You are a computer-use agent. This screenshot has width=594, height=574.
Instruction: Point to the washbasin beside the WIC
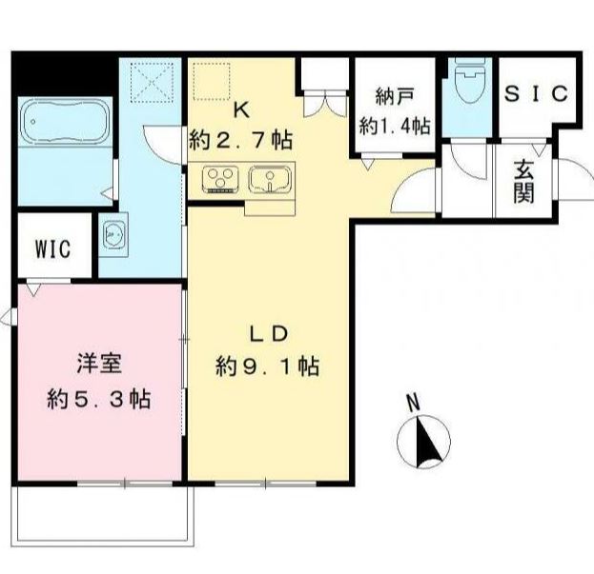pyautogui.click(x=114, y=234)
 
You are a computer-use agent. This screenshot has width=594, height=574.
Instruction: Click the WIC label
pyautogui.click(x=52, y=249)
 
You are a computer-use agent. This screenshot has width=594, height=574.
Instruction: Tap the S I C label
pyautogui.click(x=536, y=94)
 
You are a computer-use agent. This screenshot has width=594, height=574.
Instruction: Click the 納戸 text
pyautogui.click(x=394, y=96)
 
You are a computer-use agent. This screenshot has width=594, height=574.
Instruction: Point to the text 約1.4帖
pyautogui.click(x=395, y=124)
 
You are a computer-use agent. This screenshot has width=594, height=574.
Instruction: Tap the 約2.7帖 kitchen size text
pyautogui.click(x=240, y=141)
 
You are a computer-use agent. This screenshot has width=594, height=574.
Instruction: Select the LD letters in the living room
pyautogui.click(x=268, y=334)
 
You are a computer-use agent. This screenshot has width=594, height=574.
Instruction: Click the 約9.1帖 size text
pyautogui.click(x=267, y=366)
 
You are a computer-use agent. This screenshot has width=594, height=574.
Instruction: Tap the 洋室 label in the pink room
pyautogui.click(x=98, y=364)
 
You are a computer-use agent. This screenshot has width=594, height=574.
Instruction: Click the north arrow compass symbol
pyautogui.click(x=422, y=443)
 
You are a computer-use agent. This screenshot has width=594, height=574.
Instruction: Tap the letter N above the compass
pyautogui.click(x=413, y=403)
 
